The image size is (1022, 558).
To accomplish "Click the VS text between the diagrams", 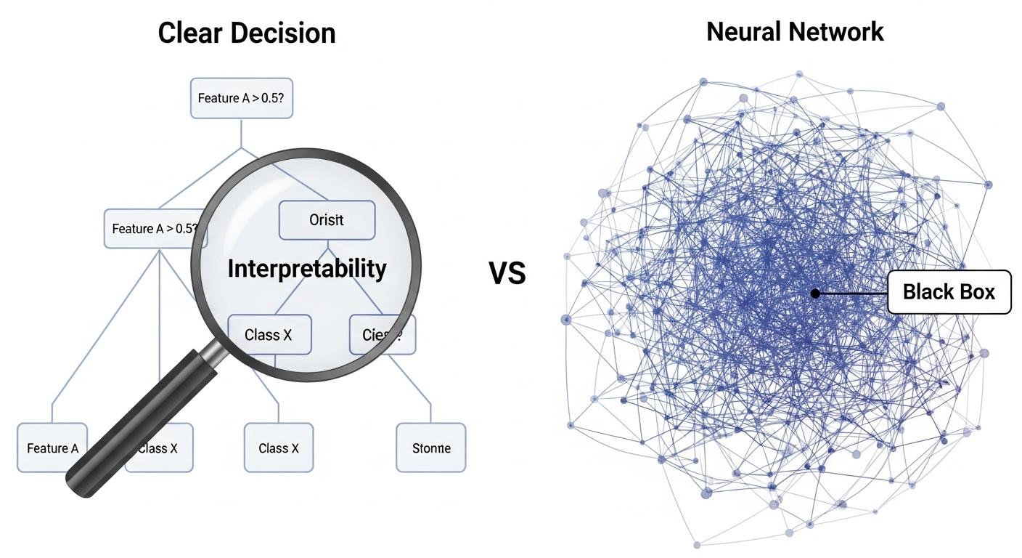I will coord(507,274).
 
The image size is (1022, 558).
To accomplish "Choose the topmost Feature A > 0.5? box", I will coord(242,98).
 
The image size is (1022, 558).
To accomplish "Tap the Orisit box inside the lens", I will coord(327,220).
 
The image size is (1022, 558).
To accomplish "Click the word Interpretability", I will coord(307,269).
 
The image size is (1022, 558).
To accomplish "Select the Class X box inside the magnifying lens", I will coord(269,334).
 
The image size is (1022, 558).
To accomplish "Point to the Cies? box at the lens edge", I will coord(383,334).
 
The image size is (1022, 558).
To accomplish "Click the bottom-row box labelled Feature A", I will coord(52,448).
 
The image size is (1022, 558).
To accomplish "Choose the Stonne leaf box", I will coord(431,448).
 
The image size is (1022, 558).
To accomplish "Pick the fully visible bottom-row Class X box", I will coord(279,448).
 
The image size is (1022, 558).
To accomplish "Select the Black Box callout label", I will coord(949,292).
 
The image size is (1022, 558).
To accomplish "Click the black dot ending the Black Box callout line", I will coord(815,294).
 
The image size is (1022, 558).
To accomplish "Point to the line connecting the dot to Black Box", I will coord(853,294).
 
